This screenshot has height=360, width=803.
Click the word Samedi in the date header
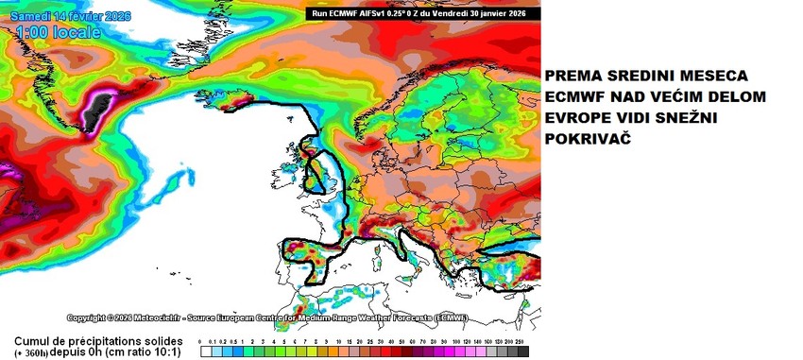(26, 16)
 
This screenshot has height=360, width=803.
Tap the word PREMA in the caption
(572, 76)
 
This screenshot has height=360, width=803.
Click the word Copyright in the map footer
(90, 317)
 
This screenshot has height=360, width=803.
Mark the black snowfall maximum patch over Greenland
(94, 111)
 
